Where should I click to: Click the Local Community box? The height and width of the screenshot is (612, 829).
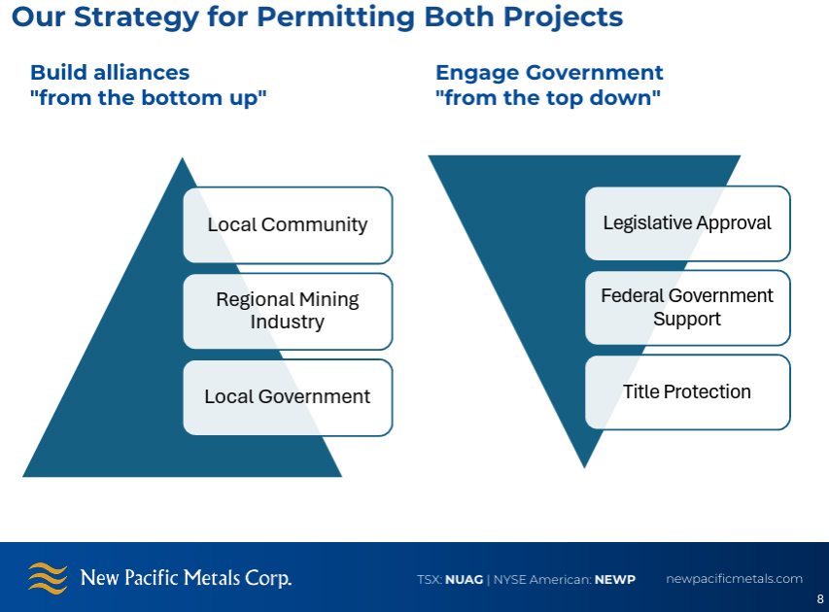click(x=288, y=224)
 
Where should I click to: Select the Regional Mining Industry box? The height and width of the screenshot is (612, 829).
click(x=288, y=311)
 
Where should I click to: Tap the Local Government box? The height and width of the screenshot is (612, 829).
click(x=288, y=396)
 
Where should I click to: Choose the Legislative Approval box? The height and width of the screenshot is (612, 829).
click(x=687, y=222)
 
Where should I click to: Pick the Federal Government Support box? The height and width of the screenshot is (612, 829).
click(x=687, y=307)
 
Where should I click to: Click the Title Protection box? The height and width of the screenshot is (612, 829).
click(x=687, y=391)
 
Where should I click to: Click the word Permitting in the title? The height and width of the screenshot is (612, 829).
click(x=329, y=17)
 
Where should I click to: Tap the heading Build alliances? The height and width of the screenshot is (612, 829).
click(x=110, y=73)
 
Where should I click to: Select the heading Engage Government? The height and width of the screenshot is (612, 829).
click(x=549, y=73)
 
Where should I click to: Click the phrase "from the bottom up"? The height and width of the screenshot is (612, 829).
click(x=149, y=98)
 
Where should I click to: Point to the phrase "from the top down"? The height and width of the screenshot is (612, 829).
click(x=548, y=98)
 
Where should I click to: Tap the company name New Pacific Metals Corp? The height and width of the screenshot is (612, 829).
click(x=186, y=578)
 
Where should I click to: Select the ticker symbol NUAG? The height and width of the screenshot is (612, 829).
click(x=464, y=580)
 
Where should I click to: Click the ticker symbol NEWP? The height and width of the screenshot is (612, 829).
click(x=616, y=580)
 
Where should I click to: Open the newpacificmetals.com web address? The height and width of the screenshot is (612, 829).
click(x=734, y=579)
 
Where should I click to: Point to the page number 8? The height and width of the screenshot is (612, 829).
click(x=819, y=599)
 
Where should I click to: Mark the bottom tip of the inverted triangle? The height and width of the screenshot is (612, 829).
click(x=585, y=464)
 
